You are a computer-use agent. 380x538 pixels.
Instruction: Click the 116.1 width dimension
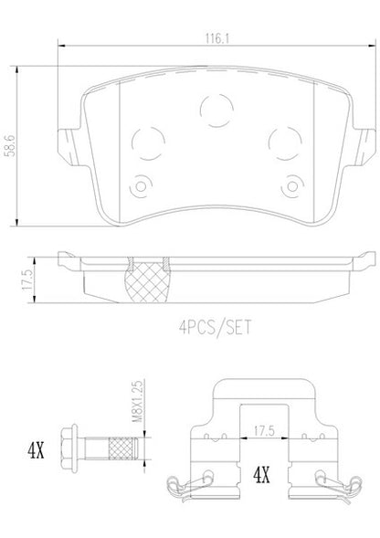[216, 38]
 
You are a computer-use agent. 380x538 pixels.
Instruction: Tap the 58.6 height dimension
[11, 145]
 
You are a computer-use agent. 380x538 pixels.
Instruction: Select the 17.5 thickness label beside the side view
[27, 280]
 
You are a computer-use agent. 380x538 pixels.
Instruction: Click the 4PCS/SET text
[216, 327]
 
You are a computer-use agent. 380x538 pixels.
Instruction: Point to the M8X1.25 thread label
[137, 401]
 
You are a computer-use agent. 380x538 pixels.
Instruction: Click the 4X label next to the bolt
[36, 450]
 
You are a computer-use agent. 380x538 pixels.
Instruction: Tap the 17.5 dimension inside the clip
[264, 431]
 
